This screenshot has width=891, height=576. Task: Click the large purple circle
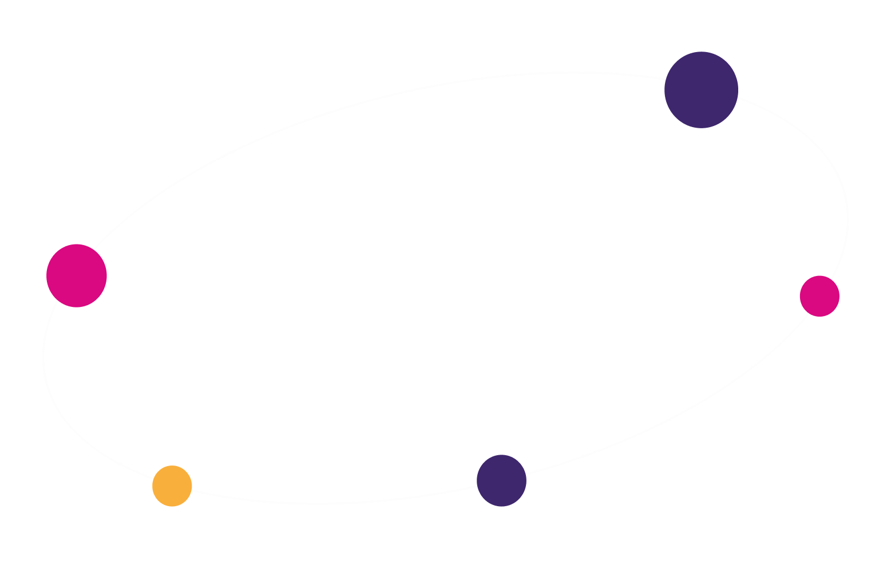pyautogui.click(x=701, y=90)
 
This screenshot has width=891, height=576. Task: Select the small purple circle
pyautogui.click(x=501, y=480)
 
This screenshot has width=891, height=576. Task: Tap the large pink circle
pyautogui.click(x=77, y=275)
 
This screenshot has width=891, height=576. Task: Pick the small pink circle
pyautogui.click(x=819, y=296)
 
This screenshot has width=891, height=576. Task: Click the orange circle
pyautogui.click(x=172, y=486)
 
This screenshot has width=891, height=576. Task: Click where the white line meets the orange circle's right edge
pyautogui.click(x=192, y=490)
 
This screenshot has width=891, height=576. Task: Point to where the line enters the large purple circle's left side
pyautogui.click(x=666, y=79)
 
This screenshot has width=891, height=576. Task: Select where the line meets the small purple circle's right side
pyautogui.click(x=525, y=474)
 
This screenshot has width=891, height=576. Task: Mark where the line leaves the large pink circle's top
pyautogui.click(x=93, y=250)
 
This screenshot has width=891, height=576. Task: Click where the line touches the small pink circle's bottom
pyautogui.click(x=813, y=315)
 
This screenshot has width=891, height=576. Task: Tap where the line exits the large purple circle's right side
pyautogui.click(x=737, y=98)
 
